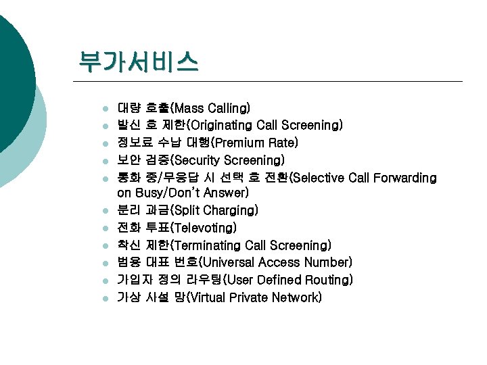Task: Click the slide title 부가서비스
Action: [138, 62]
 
